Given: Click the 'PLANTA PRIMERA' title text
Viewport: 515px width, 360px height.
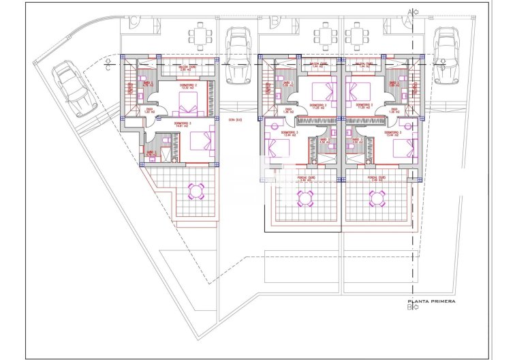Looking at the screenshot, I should pos(431,301).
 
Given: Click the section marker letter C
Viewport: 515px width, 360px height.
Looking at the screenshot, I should pos(108,66).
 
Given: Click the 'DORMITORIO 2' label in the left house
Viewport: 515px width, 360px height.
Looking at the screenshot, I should pos(189,87).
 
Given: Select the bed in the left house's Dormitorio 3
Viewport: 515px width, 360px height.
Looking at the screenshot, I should pos(202,141).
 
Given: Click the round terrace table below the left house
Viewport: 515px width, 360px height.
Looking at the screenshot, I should pos(197,190).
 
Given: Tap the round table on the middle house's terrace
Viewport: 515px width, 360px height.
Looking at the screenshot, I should pos(305,198).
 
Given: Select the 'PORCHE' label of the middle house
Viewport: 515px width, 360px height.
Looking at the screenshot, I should pos(306,179).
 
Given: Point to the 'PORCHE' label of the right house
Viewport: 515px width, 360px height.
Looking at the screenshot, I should pos(377,179).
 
